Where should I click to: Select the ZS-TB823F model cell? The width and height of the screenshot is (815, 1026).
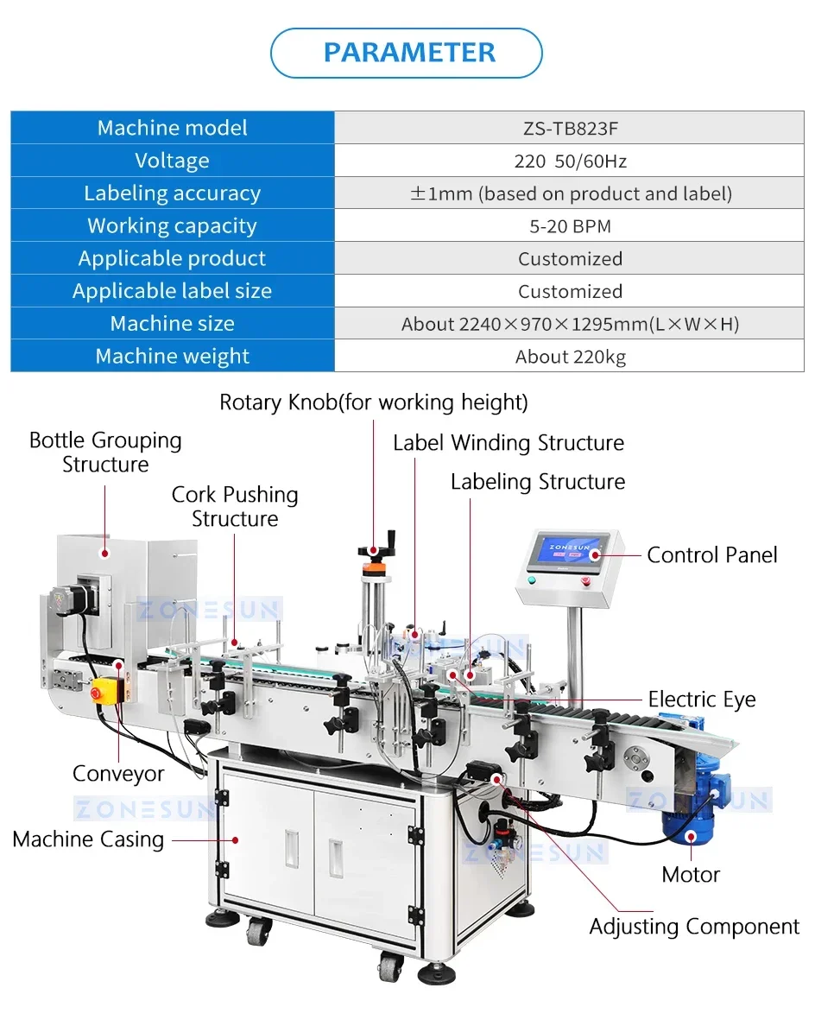click(570, 128)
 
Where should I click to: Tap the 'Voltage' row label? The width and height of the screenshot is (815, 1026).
click(172, 161)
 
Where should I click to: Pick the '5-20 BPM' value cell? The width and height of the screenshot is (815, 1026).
click(570, 226)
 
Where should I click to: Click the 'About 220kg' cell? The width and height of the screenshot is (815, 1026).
click(570, 357)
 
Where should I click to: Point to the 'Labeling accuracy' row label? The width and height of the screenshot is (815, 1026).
click(172, 193)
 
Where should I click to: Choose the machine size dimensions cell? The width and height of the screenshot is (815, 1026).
click(570, 324)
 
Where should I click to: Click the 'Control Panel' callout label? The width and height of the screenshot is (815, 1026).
click(712, 554)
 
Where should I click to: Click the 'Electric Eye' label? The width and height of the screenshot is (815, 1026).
click(702, 699)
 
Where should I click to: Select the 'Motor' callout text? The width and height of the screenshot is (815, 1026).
click(691, 875)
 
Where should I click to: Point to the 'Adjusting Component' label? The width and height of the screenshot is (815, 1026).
click(694, 927)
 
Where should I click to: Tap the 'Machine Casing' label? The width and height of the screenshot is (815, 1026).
click(88, 839)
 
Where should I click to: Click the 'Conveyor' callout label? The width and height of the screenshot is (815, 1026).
click(118, 774)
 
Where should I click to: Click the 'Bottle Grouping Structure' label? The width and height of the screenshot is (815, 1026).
click(105, 452)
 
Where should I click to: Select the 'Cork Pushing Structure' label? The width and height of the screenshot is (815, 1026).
click(235, 506)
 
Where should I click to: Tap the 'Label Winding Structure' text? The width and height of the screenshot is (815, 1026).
click(508, 443)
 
